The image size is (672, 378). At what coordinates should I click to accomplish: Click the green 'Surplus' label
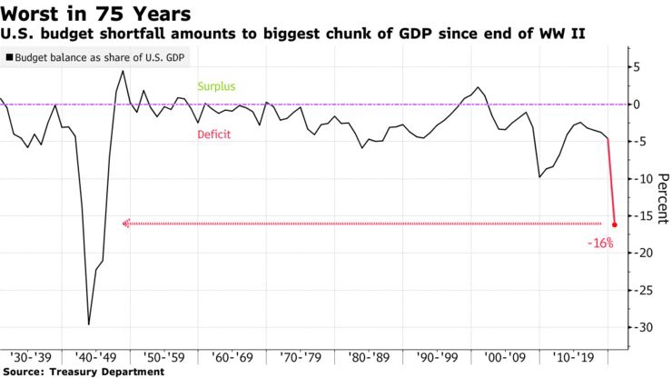click(216, 87)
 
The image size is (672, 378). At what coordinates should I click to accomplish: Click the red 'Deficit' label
click(213, 134)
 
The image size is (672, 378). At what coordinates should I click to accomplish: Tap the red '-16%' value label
click(600, 244)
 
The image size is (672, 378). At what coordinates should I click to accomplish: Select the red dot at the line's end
click(615, 224)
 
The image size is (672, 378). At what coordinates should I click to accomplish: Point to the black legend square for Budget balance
click(9, 56)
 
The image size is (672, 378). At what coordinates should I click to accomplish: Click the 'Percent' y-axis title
click(662, 198)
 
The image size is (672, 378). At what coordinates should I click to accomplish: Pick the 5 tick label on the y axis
click(638, 67)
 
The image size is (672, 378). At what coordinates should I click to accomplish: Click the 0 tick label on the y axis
click(638, 104)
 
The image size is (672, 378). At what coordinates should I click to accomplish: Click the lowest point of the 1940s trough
click(88, 324)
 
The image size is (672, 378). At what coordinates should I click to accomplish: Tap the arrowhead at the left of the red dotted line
click(125, 224)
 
